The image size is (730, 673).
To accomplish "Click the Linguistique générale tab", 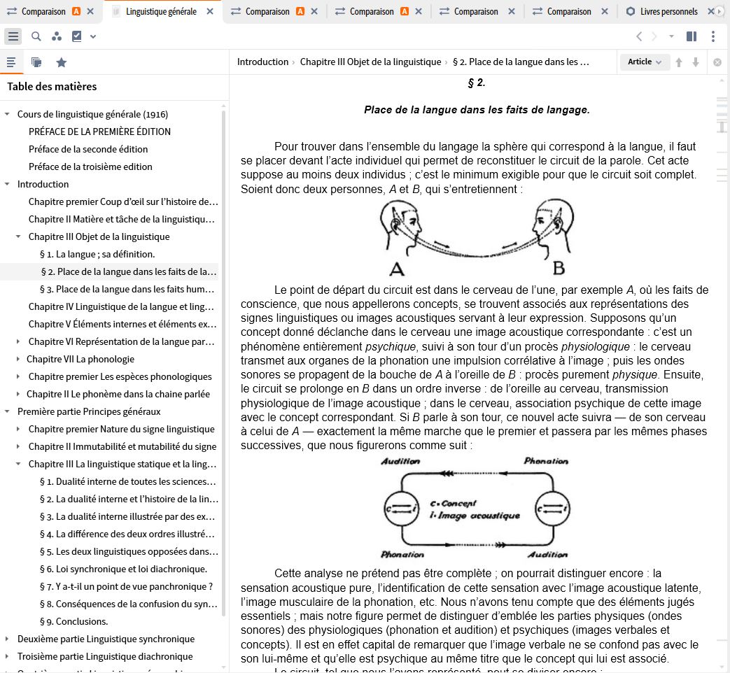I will pos(161,12).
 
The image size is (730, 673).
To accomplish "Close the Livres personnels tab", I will pos(711,12).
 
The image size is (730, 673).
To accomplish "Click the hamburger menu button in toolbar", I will pos(13,36).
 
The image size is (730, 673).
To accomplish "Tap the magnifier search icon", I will pos(36,36).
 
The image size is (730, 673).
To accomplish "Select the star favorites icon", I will pos(62,62).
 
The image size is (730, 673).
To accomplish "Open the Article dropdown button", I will pos(645,62).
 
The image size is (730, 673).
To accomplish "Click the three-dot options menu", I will pos(713,36).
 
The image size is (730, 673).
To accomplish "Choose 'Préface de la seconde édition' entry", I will pos(88,149).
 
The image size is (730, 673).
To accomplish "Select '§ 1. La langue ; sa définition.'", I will pos(97,254).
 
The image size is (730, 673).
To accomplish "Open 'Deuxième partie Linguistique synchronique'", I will pos(106,639).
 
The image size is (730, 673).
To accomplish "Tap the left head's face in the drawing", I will pos(406,224).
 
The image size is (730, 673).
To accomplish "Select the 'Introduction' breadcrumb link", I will pos(262,62).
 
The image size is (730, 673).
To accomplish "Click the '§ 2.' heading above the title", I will pos(476,83).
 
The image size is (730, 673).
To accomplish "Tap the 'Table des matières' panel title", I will pos(52,87).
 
